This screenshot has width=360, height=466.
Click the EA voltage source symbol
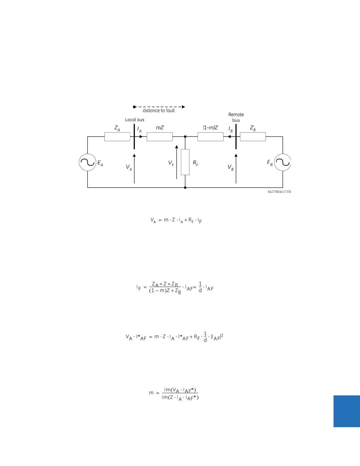click(87, 162)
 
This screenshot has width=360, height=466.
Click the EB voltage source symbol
click(283, 162)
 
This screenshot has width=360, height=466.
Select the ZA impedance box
click(117, 137)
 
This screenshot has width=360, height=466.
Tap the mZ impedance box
click(159, 137)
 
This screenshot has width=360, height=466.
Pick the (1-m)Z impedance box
click(210, 137)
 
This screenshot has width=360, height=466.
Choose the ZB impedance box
click(253, 137)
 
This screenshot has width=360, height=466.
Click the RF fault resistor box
click(185, 162)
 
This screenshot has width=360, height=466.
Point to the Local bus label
click(135, 120)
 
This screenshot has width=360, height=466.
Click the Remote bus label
click(236, 117)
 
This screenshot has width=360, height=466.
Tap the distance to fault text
click(159, 111)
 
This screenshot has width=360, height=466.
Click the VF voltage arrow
click(176, 162)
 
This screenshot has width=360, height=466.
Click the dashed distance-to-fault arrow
click(159, 107)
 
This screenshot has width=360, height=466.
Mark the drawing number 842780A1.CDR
click(279, 192)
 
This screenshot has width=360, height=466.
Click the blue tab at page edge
click(346, 411)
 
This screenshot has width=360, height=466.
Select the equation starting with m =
click(174, 394)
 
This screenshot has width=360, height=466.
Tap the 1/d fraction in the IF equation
click(200, 287)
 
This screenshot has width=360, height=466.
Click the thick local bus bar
click(134, 137)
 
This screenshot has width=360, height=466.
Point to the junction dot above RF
click(185, 137)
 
